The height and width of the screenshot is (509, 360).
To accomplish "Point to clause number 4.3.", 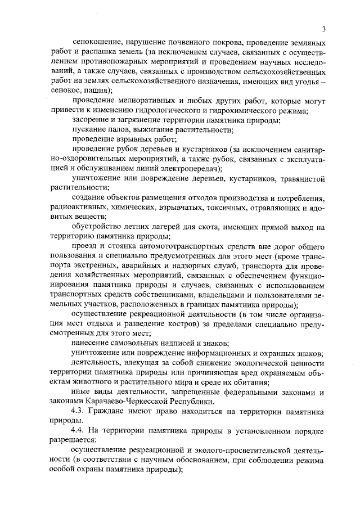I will pyautogui.click(x=79, y=411).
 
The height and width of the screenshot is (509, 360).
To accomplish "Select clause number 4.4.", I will pyautogui.click(x=79, y=431).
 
